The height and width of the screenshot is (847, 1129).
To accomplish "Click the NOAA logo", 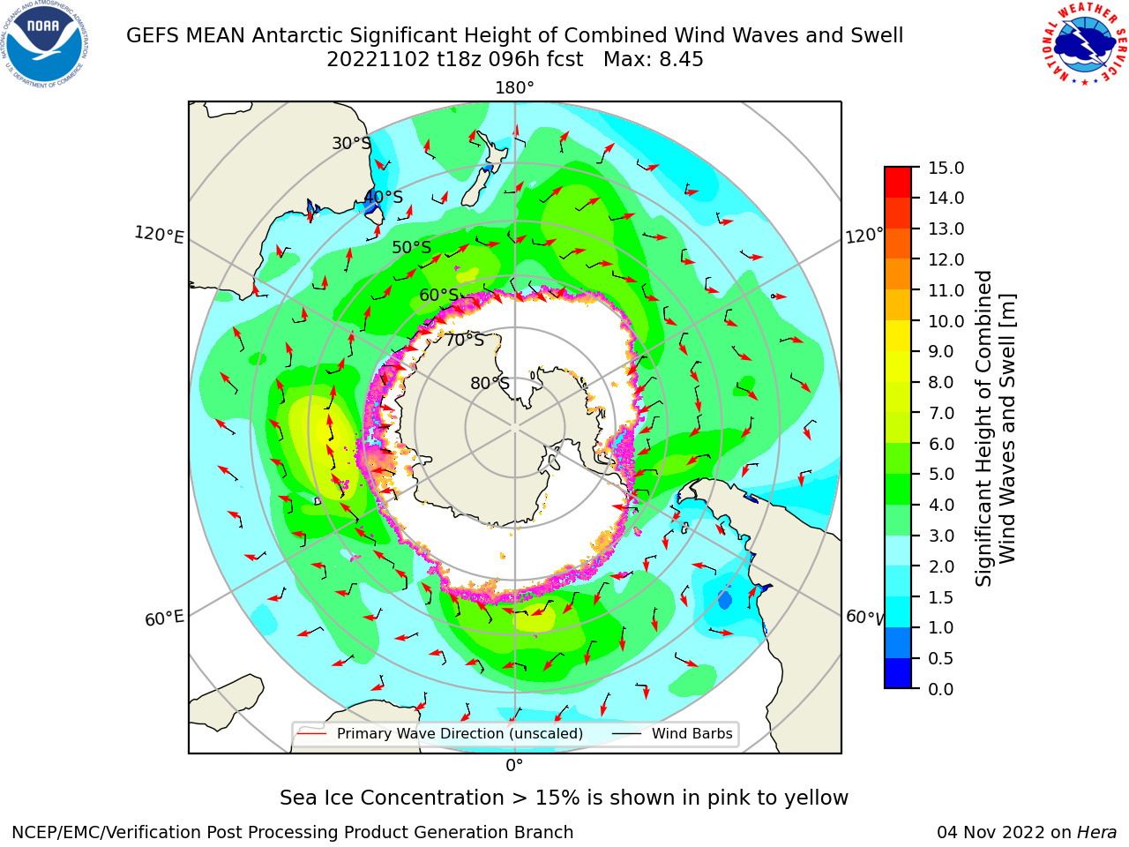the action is coord(44,44).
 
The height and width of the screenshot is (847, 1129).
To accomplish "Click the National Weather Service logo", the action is coord(1084,43).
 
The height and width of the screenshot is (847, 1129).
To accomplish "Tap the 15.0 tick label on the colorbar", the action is coord(946,168).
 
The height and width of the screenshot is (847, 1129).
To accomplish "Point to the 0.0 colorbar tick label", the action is coord(941,689).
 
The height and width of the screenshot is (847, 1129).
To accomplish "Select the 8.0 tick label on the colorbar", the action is coord(941,382).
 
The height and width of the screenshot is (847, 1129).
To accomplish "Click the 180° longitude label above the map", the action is coord(514,88).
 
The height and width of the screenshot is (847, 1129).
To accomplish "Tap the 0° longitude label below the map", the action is coord(514,766).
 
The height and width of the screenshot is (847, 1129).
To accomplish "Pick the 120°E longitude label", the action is coord(159,235).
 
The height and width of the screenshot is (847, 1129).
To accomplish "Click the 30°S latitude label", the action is coord(351,143).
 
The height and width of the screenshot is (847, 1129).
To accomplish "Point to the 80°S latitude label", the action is coord(490,383).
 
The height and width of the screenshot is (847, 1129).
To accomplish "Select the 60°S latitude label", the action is coord(438,295).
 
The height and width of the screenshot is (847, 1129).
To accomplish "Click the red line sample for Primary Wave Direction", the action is coord(311,733).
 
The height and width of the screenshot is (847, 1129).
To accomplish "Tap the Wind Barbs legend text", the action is coord(692,733).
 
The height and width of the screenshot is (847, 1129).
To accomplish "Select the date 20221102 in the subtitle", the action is coord(378,59).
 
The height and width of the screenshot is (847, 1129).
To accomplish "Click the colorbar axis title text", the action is coord(995,429).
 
